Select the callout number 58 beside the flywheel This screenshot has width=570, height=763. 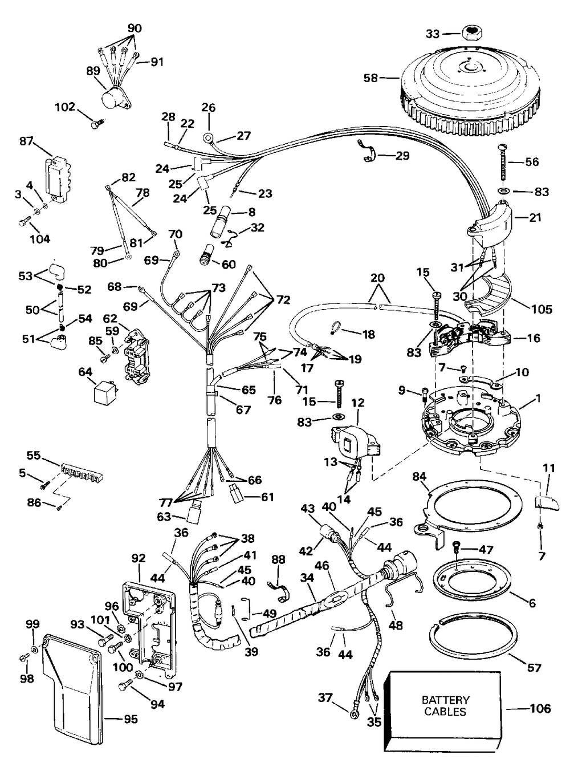(x=370, y=78)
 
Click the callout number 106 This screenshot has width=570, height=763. (x=540, y=708)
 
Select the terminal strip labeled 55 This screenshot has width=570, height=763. (x=82, y=472)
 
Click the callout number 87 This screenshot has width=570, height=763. (x=26, y=141)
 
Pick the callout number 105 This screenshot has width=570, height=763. (x=541, y=309)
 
